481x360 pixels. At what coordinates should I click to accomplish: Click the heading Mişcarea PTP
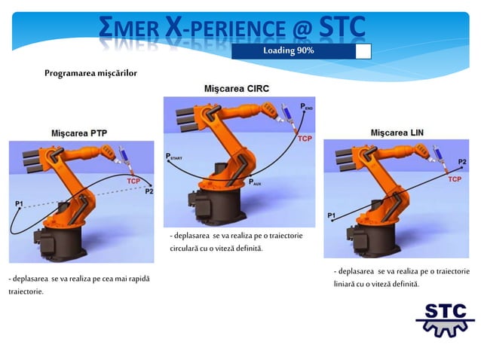point(78,133)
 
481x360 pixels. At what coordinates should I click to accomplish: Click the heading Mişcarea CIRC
point(237,89)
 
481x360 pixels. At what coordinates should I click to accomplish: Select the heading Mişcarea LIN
point(397,133)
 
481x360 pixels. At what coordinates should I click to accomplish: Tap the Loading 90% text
point(289,50)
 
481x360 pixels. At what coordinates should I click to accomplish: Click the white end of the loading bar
point(363,50)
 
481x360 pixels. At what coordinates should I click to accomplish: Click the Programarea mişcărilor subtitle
point(90,73)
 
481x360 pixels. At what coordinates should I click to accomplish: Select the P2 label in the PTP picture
point(149,191)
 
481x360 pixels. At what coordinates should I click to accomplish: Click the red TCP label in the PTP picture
point(133,181)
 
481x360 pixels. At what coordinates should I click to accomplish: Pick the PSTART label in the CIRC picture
point(174,157)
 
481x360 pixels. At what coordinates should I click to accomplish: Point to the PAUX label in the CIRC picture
point(256,182)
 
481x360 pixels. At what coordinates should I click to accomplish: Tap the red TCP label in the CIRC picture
point(305,139)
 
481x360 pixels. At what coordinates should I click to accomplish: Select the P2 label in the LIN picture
point(462,162)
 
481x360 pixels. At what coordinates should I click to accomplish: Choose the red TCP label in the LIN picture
point(455,179)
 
